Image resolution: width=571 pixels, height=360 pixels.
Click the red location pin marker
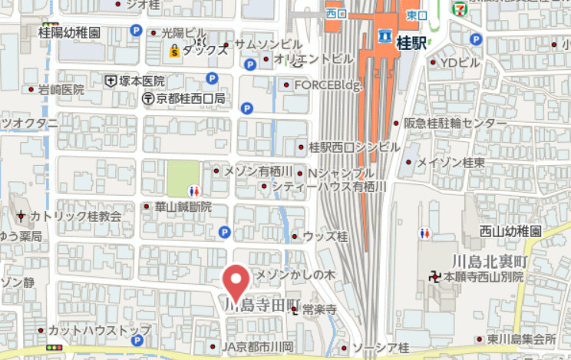click(x=236, y=281)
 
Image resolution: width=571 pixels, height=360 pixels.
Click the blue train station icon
click(x=385, y=36)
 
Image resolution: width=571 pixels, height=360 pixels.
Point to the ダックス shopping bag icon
click(x=175, y=51)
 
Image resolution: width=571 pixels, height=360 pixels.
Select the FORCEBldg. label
click(x=328, y=84)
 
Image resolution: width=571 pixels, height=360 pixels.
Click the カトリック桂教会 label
click(x=75, y=216)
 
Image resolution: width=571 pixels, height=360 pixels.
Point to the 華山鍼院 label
click(x=183, y=206)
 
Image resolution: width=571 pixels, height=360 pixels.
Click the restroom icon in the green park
click(x=195, y=190)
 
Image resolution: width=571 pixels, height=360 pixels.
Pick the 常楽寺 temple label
click(x=320, y=309)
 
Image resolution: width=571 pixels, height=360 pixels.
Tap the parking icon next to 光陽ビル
click(x=137, y=31)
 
